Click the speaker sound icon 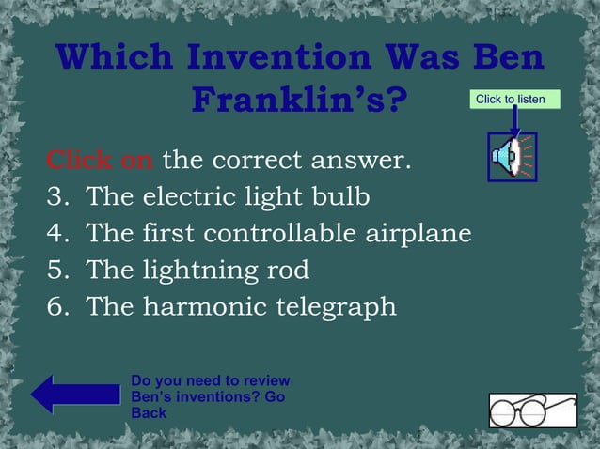coord(513,157)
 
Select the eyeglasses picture coord(532,410)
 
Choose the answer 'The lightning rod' coord(197,271)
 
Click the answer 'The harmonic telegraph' coord(241,307)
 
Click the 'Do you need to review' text coord(211,380)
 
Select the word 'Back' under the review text coord(149,412)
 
